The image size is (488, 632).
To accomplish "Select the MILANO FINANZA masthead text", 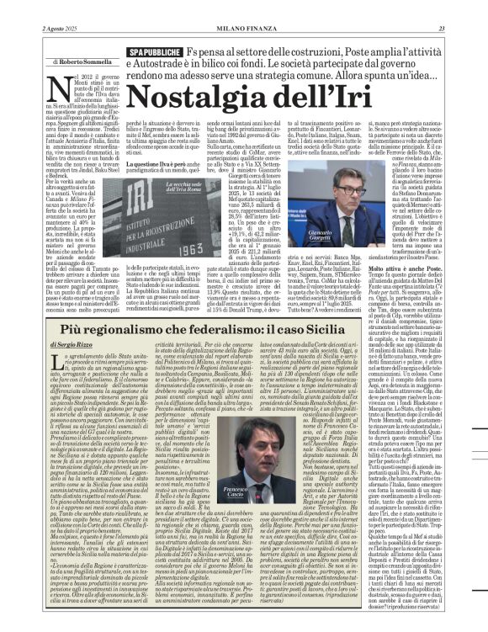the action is tap(243, 7).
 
